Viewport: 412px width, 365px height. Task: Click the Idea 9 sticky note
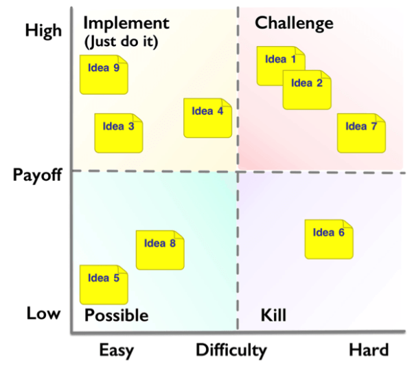(x=104, y=74)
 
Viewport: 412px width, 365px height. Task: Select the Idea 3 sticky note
(x=118, y=133)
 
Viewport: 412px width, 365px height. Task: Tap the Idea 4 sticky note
(x=207, y=118)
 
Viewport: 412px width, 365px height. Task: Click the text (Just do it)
(x=121, y=41)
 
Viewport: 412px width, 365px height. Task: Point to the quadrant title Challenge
(x=294, y=23)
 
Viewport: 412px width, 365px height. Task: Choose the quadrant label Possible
(x=116, y=316)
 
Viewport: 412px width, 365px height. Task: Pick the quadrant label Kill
(x=273, y=316)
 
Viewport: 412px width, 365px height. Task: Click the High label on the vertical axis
(x=43, y=30)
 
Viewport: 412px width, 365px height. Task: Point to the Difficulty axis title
(x=231, y=350)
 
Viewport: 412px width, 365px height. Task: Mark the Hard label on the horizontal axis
(x=369, y=349)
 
